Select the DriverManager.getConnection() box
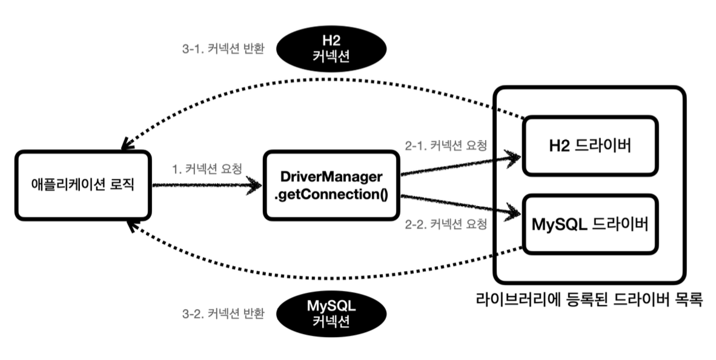click(x=331, y=187)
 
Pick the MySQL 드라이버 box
click(x=589, y=224)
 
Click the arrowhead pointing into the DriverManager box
click(x=257, y=187)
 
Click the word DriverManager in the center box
click(x=331, y=178)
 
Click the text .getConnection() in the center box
click(x=331, y=195)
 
